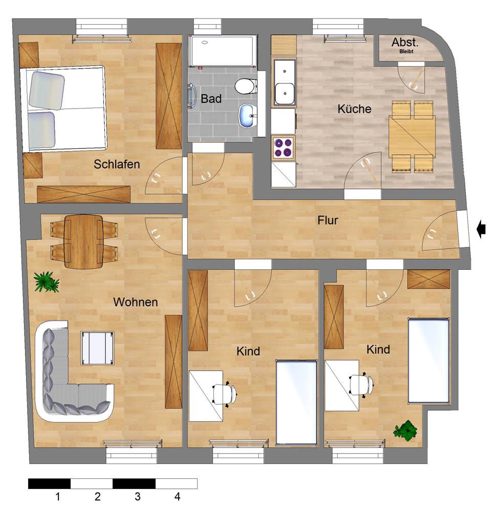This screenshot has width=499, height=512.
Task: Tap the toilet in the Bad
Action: coord(246,87)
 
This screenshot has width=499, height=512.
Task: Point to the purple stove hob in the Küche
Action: coord(283,147)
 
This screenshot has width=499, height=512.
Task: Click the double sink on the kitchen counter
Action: coord(284,82)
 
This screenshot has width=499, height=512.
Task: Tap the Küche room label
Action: coord(355,109)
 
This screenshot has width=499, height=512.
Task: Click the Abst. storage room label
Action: coord(405,42)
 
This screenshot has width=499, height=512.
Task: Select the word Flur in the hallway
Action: coord(328,220)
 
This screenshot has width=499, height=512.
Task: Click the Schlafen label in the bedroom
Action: coord(117,164)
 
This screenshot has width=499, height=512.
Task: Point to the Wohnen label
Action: coord(136,302)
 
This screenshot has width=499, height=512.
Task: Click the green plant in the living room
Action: coord(47,282)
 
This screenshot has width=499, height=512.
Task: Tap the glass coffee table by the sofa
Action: coord(98,348)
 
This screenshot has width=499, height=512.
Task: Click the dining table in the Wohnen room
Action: coord(84,241)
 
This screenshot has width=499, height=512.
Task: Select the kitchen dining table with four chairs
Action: coord(412,137)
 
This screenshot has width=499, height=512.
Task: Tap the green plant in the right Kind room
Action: coord(405,431)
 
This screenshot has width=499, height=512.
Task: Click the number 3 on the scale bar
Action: coord(137,497)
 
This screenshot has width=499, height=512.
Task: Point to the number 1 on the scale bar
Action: coord(57,497)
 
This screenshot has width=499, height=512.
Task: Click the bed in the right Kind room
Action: coord(428,361)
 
